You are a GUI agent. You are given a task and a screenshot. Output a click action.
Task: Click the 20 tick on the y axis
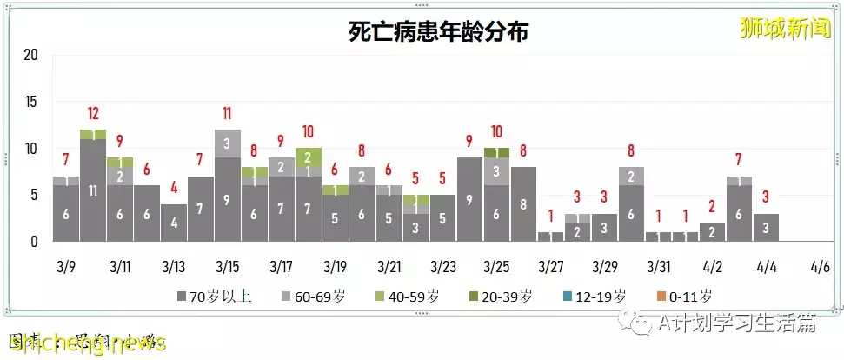coord(32,55)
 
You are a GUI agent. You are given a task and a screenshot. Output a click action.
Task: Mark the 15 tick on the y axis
coord(32,102)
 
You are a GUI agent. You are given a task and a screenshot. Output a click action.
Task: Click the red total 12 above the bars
coord(93,113)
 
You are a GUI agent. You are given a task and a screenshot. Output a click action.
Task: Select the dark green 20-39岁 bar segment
coord(496,152)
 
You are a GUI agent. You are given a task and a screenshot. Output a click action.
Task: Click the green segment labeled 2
coord(308,157)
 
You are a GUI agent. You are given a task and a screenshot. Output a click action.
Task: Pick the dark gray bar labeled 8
coord(523,204)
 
